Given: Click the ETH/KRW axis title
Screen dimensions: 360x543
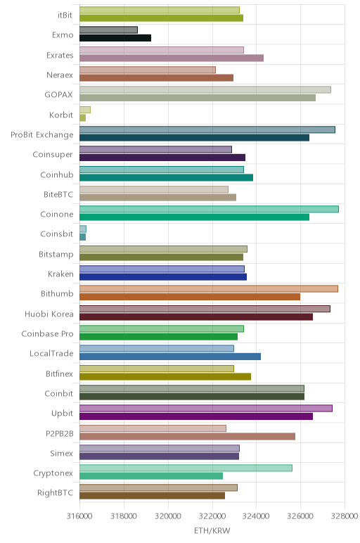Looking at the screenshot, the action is pos(212,530).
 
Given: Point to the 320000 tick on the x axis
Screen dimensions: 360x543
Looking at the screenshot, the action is pos(168,516).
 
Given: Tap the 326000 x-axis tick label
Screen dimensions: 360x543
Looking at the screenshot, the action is pos(300,516).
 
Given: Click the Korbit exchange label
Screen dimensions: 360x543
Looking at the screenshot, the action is pos(61,115).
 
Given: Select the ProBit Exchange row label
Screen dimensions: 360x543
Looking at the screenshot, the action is pos(42,135).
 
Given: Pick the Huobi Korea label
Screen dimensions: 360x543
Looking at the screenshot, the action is pos(49,314).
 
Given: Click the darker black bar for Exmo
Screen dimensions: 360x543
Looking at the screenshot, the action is pos(115,38).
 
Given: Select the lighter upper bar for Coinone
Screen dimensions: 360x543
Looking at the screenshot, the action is pos(209,209).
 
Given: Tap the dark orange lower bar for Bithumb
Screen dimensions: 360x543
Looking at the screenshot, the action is pos(190,297).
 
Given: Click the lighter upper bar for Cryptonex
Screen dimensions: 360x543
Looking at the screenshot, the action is pos(186,468).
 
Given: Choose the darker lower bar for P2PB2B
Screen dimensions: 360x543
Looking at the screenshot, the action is pos(187,436).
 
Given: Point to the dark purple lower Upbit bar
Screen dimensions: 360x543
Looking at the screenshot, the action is pos(196,416).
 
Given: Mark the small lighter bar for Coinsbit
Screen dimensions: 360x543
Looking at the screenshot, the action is pos(83,229).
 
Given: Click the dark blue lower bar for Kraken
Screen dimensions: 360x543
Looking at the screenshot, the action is pos(163,277).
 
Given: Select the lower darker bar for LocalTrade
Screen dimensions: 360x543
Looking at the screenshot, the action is pos(170,357).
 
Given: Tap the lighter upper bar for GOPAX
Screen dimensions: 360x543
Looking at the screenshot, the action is pos(205,90).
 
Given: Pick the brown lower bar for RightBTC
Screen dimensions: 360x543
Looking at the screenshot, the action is pos(153,496).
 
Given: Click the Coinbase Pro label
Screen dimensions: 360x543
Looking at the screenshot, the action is pos(47,333).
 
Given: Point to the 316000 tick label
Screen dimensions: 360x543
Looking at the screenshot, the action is pos(79,516).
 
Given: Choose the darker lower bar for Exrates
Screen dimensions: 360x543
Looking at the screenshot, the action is pos(172,58).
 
